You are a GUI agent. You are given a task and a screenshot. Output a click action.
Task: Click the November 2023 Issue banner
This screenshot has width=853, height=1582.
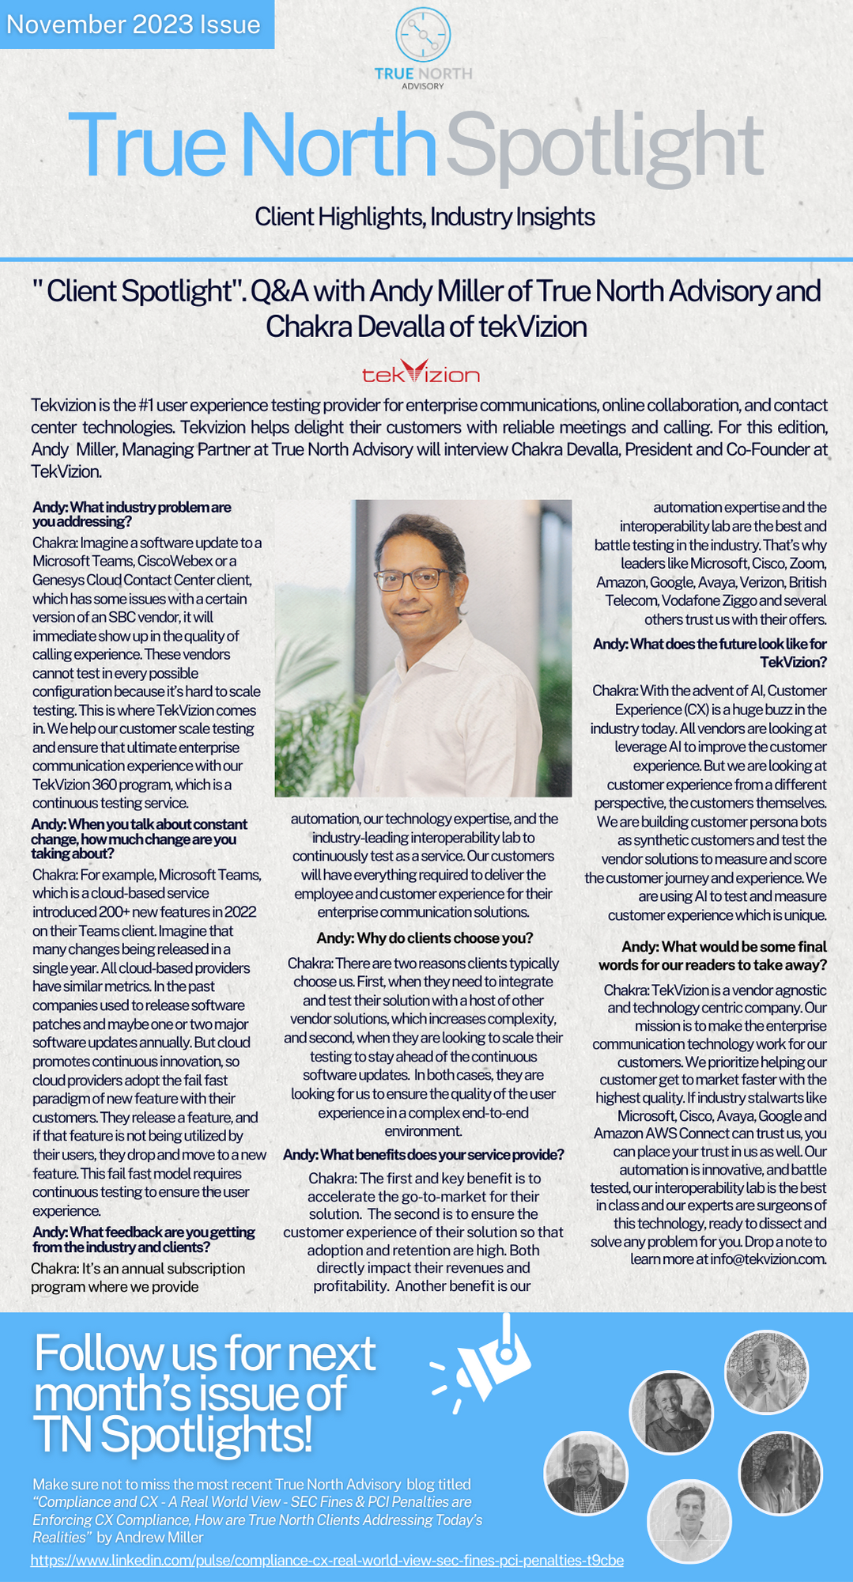click(x=134, y=25)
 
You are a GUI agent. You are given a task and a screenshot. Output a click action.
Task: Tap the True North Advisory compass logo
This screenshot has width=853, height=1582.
click(x=423, y=36)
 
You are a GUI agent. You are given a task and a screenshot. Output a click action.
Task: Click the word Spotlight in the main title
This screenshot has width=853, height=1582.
click(x=605, y=146)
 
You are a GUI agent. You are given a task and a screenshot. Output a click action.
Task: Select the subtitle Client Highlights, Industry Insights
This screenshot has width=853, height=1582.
click(x=425, y=217)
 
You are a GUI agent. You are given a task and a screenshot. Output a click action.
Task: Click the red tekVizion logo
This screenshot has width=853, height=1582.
click(x=421, y=373)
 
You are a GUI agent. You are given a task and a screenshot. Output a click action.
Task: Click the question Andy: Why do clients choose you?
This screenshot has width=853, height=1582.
click(x=425, y=938)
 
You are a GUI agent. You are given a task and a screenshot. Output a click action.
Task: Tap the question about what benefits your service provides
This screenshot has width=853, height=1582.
click(x=424, y=1155)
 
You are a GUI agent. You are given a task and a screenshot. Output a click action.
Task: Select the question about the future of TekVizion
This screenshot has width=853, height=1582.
click(x=709, y=653)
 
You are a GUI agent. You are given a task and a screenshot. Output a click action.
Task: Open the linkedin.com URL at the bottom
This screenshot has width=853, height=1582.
click(x=327, y=1561)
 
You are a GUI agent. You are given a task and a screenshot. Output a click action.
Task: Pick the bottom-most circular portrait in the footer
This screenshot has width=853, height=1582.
click(x=689, y=1520)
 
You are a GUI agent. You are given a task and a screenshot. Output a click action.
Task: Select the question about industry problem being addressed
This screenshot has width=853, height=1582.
click(x=132, y=514)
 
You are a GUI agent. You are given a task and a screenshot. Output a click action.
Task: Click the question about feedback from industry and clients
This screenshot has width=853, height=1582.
click(x=144, y=1239)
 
